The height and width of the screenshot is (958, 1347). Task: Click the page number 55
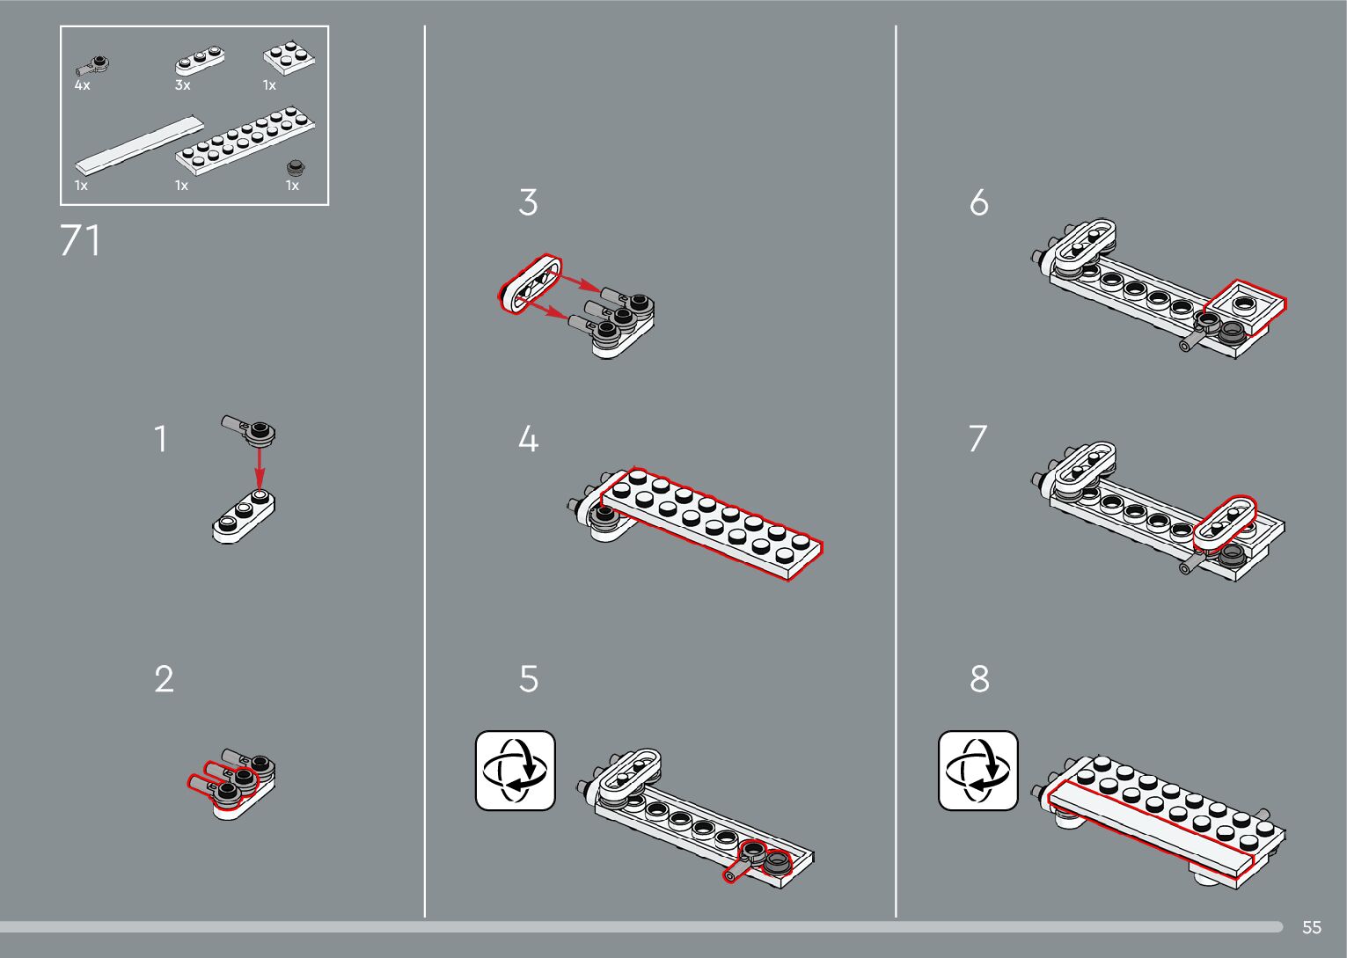point(1312,927)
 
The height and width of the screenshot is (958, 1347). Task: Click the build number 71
point(79,240)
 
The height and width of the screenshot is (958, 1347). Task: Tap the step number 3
point(528,202)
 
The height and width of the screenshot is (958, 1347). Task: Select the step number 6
point(979,202)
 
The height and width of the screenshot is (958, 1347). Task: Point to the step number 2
point(165,679)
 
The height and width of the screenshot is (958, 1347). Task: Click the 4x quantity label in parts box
point(83,85)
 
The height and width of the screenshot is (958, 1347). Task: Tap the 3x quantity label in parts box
point(183,85)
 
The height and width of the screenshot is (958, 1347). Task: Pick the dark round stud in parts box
point(296,166)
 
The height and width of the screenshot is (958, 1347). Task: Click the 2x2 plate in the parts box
point(289,58)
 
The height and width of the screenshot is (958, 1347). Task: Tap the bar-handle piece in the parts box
point(92,66)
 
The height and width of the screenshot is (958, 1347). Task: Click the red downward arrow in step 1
point(260,467)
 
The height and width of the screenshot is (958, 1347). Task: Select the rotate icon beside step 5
point(516,771)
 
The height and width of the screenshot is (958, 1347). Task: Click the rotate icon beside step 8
point(978,771)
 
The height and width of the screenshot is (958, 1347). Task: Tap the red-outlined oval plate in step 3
point(531,283)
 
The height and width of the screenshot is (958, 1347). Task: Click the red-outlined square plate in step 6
point(1243,308)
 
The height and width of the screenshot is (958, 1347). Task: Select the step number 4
point(528,438)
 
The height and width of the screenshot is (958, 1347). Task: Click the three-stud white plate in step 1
point(244,516)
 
